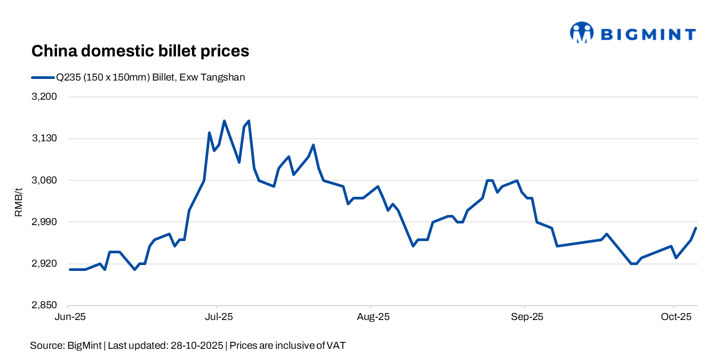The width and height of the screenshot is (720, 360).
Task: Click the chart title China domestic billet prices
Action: pos(140,51)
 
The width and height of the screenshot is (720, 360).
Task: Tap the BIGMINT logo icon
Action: pos(581,33)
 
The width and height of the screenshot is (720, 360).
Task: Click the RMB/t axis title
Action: pos(19,201)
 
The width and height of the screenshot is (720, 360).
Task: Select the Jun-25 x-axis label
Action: pos(69,317)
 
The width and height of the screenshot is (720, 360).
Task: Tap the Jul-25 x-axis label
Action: pos(218,317)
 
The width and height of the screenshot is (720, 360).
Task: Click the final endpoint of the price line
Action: pos(696,228)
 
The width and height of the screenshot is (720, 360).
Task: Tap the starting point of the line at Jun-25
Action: pos(70,269)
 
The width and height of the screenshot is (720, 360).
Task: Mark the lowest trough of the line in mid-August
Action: pos(413,246)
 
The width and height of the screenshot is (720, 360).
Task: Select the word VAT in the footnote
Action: pos(335,346)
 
